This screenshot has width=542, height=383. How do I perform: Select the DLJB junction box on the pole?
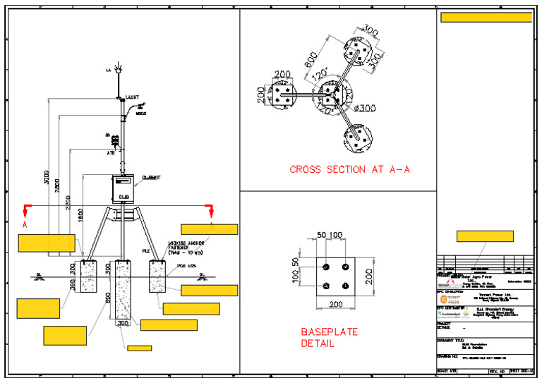(123, 187)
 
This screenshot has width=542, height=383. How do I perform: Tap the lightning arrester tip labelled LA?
(118, 70)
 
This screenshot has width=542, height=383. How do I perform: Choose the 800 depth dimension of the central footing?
(108, 298)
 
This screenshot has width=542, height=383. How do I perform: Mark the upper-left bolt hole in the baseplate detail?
(325, 267)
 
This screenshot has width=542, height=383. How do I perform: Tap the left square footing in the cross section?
(284, 96)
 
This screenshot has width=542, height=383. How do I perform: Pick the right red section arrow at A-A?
(210, 209)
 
